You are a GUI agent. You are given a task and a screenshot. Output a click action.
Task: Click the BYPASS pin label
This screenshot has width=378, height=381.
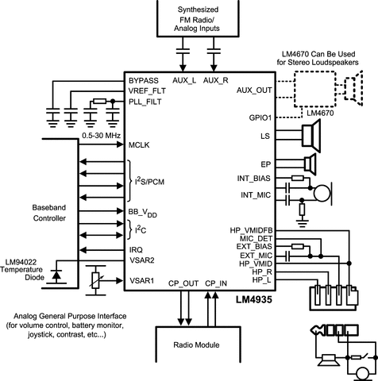[x=144, y=81]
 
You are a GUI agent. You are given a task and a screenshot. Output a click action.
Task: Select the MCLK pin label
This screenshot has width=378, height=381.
[x=139, y=145]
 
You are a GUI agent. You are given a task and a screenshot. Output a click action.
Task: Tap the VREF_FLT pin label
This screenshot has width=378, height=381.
[x=147, y=91]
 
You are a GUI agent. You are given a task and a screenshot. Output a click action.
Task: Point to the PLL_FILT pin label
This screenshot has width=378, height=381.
[x=145, y=102]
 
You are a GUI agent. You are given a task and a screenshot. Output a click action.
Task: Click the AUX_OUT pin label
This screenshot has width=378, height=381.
[x=254, y=90]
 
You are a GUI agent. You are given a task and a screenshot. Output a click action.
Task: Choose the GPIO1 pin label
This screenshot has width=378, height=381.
[x=260, y=117]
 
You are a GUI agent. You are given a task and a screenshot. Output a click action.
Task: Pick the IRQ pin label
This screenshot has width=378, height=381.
[x=136, y=250]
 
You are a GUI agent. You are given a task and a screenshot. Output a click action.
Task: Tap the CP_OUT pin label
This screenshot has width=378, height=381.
[x=183, y=283]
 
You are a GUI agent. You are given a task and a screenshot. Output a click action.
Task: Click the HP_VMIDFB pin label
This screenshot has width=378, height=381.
[x=251, y=230]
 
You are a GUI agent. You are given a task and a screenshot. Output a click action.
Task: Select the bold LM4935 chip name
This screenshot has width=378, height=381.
[x=254, y=299]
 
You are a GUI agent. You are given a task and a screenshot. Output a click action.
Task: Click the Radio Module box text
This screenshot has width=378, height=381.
[x=196, y=345]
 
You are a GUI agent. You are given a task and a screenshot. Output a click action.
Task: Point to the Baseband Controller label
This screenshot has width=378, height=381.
[x=49, y=213]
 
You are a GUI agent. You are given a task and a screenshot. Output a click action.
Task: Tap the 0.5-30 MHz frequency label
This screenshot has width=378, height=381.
[x=101, y=136]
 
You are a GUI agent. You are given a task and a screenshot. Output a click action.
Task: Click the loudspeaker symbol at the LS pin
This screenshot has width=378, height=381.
[x=311, y=136]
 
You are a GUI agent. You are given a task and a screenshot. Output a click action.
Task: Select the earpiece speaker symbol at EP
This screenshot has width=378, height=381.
[x=310, y=164]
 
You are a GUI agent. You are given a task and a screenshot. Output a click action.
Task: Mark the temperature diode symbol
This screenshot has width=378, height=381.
[x=56, y=275]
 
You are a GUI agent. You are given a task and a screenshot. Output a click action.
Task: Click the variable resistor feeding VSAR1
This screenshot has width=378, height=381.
[x=95, y=280]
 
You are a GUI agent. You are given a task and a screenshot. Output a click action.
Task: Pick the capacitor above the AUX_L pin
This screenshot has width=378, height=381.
[x=183, y=51]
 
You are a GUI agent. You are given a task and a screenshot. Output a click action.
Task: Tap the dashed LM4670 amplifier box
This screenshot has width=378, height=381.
[x=315, y=89]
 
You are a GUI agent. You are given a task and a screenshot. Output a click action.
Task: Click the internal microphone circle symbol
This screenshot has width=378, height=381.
[x=322, y=194]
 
